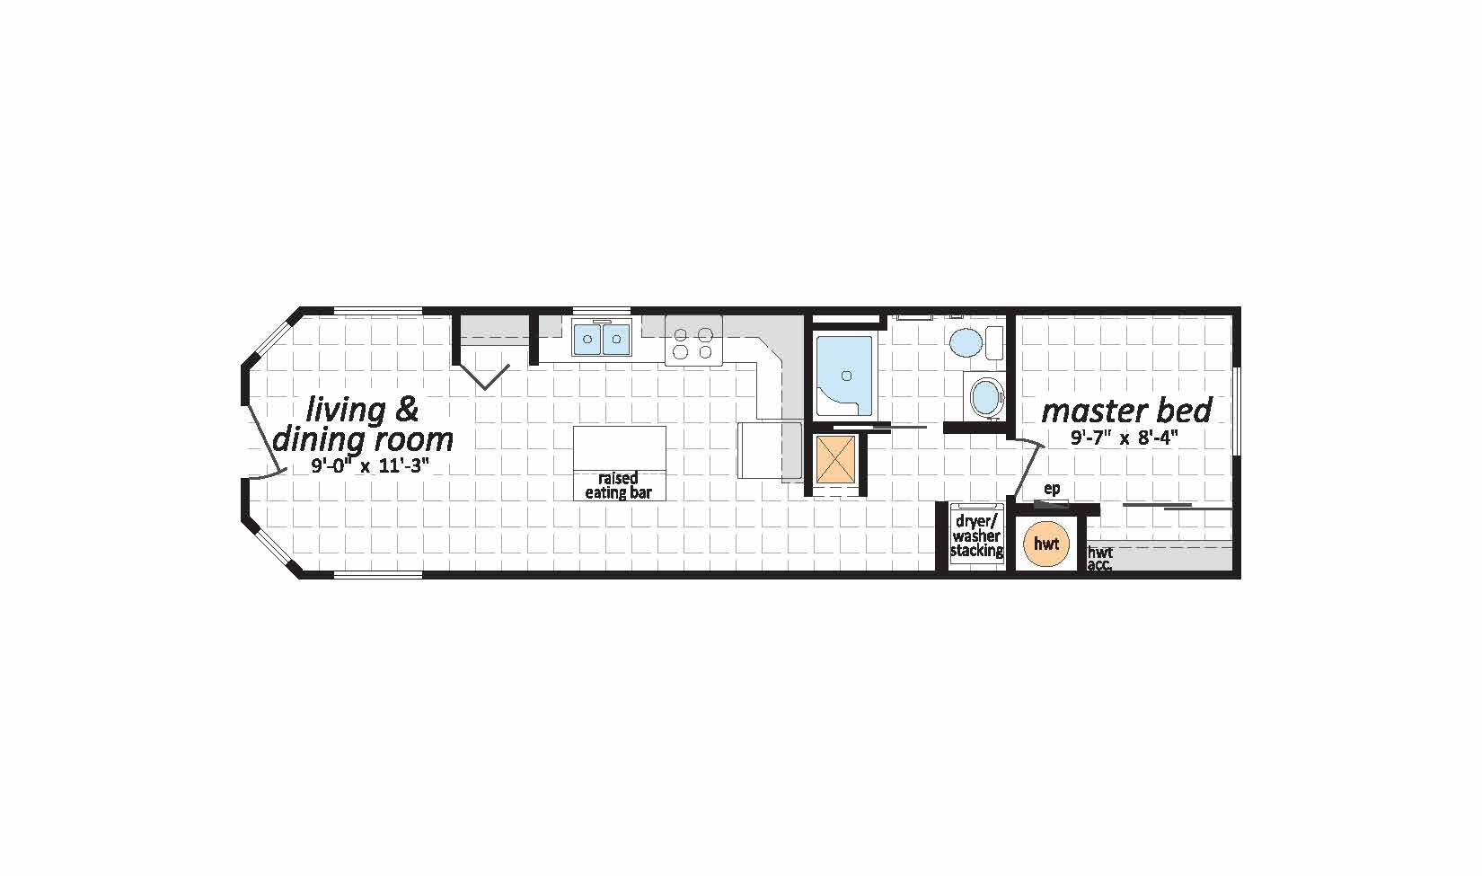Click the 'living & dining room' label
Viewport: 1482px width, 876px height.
click(x=363, y=425)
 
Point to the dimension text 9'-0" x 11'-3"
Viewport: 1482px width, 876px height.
click(x=370, y=465)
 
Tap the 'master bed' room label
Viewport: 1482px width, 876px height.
click(x=1126, y=411)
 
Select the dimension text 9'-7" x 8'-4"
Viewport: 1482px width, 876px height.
click(x=1125, y=438)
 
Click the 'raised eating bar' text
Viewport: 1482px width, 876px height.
click(x=619, y=486)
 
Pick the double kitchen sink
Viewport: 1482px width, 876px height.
click(x=602, y=339)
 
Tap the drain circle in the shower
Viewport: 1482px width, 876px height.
click(x=846, y=376)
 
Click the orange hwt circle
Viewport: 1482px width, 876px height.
click(x=1046, y=544)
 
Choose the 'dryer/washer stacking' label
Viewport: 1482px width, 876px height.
click(x=976, y=535)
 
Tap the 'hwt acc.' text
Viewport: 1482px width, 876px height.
click(x=1100, y=559)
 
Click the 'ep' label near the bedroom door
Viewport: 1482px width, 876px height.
click(x=1052, y=488)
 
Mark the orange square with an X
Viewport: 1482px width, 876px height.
click(x=835, y=459)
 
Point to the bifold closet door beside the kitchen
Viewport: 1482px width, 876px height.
click(x=484, y=376)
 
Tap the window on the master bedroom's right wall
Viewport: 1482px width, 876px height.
click(x=1235, y=411)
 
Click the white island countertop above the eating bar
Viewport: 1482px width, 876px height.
click(x=619, y=448)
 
